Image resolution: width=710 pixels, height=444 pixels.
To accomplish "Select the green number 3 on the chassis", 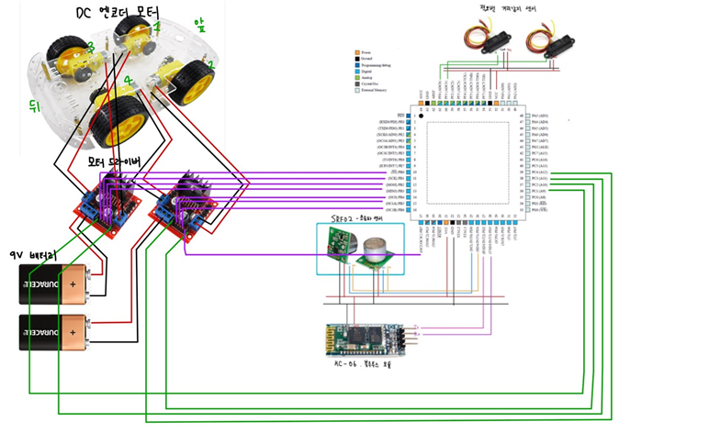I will (90, 47).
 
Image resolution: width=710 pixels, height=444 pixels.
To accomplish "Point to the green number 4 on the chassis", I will (129, 82).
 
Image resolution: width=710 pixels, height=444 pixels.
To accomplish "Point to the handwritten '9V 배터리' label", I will (33, 253).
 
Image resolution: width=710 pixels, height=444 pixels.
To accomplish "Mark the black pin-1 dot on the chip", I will (422, 117).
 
